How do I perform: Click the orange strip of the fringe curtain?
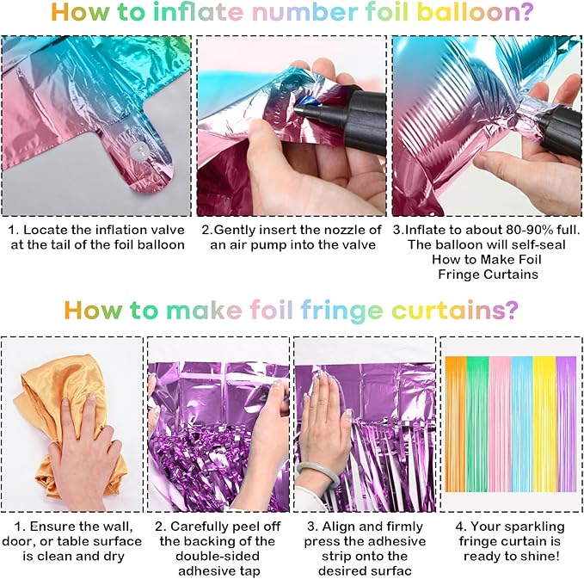[x=456, y=424]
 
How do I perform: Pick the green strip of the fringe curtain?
[x=477, y=424]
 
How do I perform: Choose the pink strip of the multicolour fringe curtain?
[x=500, y=424]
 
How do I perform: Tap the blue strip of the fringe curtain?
[x=522, y=424]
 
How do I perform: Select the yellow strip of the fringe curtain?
[x=544, y=424]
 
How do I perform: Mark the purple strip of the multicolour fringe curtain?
[x=566, y=424]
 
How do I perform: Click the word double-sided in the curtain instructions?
[x=218, y=557]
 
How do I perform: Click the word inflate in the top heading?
[x=199, y=12]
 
